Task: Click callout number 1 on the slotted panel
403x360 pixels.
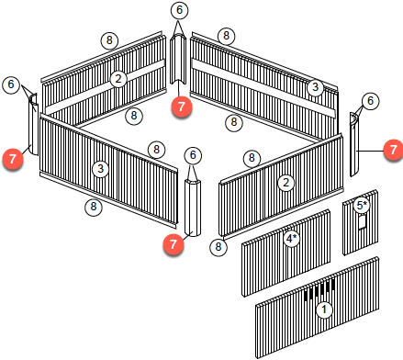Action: (x=324, y=309)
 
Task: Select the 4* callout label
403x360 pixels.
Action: (x=292, y=239)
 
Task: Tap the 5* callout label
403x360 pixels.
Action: (x=362, y=205)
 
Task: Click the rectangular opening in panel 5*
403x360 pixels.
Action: (x=362, y=221)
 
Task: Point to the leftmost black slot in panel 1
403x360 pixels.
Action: (x=306, y=295)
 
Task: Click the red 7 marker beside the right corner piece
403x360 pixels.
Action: (x=393, y=150)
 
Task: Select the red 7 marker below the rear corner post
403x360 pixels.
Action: (x=182, y=107)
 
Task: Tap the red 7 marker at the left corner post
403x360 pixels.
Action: (x=13, y=159)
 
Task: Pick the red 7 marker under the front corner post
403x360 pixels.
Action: (x=174, y=244)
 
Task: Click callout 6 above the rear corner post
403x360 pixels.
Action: (x=179, y=10)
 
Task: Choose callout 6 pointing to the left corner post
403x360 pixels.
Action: (x=11, y=84)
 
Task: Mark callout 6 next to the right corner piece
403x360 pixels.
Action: (x=370, y=101)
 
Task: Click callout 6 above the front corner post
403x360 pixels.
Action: (x=193, y=155)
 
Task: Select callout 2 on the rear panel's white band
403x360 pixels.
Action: (x=118, y=79)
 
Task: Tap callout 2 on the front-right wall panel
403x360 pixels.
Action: (x=285, y=183)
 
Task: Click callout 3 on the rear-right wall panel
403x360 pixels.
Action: (x=316, y=87)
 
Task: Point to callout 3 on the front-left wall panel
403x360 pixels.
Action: (x=101, y=168)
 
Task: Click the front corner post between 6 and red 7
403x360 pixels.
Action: (x=193, y=208)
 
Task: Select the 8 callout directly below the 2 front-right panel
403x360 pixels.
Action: (x=218, y=247)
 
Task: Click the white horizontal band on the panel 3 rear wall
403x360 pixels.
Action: (x=263, y=88)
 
